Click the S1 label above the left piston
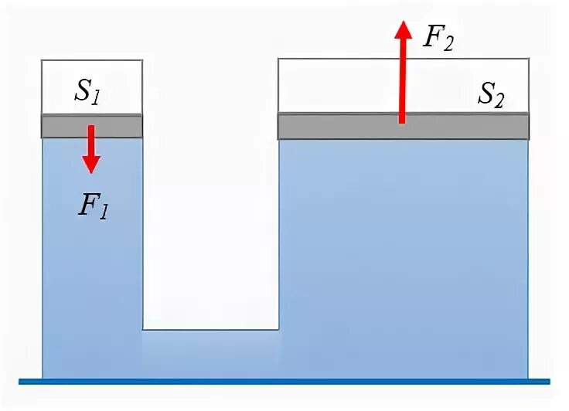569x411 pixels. (87, 91)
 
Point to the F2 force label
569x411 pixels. (438, 37)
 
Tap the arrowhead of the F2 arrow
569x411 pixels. (402, 31)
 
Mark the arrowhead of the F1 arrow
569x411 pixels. (91, 163)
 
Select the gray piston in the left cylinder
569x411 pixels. (92, 125)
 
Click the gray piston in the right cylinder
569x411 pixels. (403, 126)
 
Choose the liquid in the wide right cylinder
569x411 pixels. (403, 255)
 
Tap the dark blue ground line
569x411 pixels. (284, 381)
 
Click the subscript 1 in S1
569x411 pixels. (97, 96)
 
